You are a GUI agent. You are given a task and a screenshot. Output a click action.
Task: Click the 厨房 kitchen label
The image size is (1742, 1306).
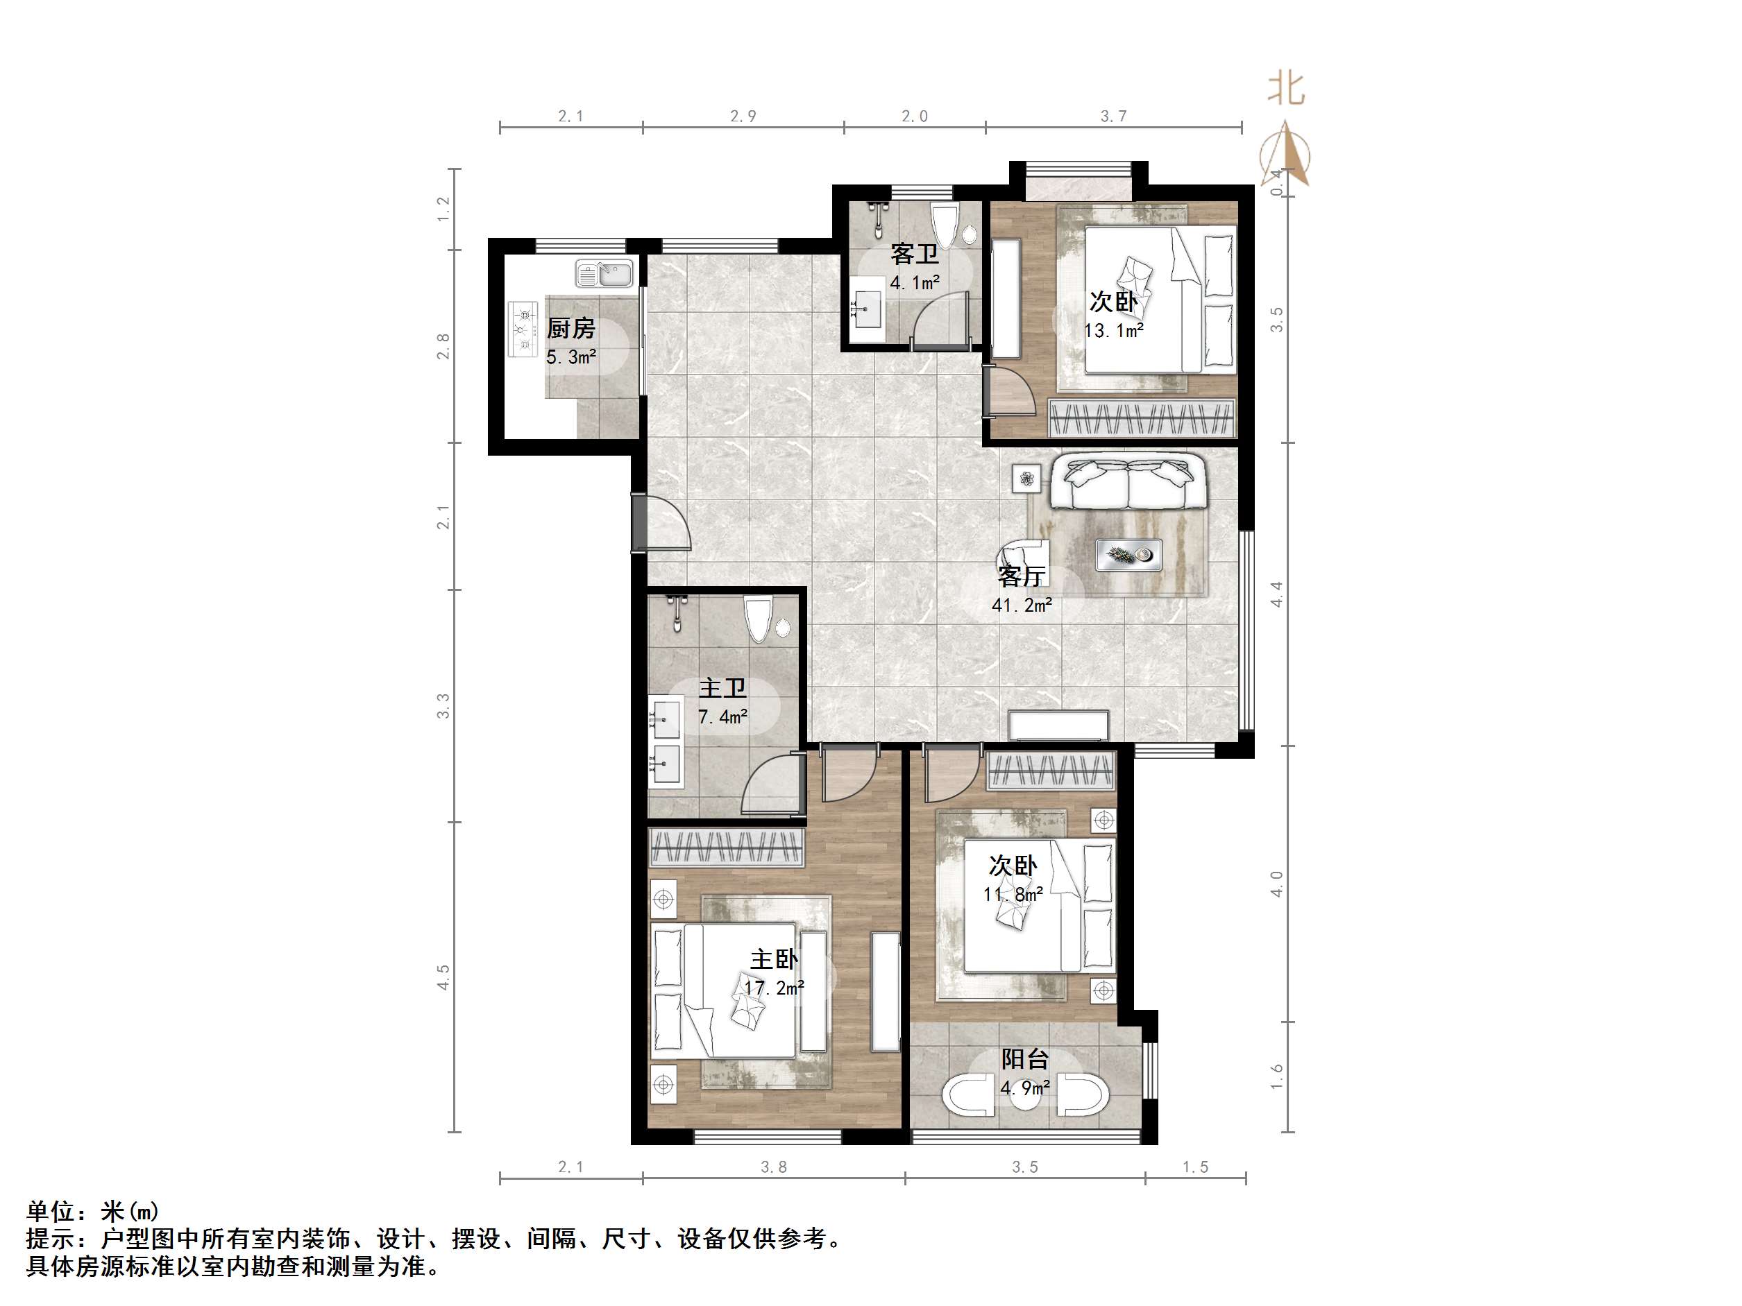tap(571, 327)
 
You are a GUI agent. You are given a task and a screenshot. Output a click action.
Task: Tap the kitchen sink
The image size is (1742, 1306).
tap(604, 273)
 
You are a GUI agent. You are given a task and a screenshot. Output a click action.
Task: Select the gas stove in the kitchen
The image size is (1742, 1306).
tap(522, 327)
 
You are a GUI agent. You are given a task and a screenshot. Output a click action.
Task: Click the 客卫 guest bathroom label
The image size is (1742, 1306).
tap(914, 255)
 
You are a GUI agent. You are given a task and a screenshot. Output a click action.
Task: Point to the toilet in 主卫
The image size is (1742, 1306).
tap(759, 619)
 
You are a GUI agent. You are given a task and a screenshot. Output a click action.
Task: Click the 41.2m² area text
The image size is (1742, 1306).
tap(1022, 605)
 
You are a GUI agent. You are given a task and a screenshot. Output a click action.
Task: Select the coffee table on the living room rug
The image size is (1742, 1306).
tap(1128, 555)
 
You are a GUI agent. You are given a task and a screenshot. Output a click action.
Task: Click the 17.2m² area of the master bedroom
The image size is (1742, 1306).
tap(774, 987)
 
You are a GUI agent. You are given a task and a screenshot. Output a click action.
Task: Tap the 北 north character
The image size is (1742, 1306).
tap(1285, 89)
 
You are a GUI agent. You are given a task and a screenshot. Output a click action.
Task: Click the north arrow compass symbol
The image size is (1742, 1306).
tap(1285, 153)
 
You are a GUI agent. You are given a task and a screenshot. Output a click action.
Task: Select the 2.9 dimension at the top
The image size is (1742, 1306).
tap(743, 117)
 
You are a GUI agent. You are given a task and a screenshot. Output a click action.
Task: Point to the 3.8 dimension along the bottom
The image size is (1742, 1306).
tap(773, 1167)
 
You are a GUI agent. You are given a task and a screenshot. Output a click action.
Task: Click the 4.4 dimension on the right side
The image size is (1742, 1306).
tap(1276, 594)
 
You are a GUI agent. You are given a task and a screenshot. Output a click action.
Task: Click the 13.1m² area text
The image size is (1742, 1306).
tap(1113, 331)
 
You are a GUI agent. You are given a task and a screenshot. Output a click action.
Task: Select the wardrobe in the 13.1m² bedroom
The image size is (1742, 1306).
tap(1142, 418)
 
